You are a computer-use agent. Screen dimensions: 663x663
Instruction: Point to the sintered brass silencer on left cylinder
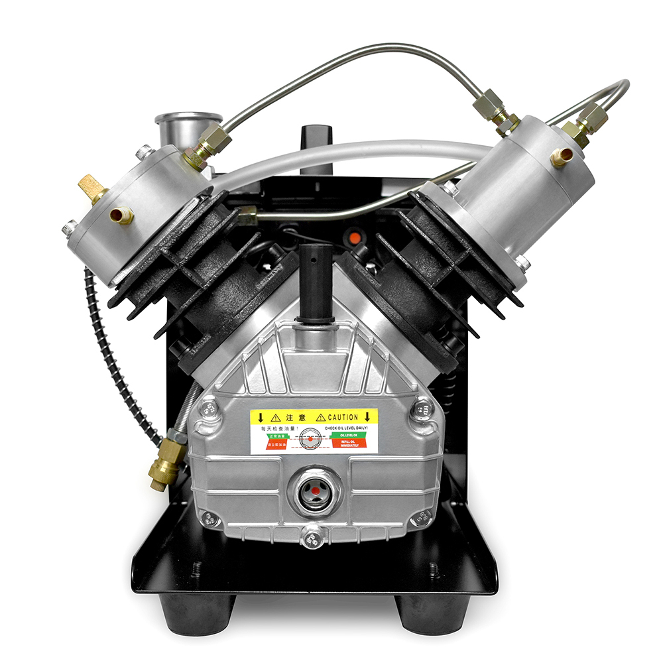pyautogui.click(x=91, y=188)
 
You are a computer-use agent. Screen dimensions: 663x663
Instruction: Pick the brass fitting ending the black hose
pyautogui.click(x=164, y=467)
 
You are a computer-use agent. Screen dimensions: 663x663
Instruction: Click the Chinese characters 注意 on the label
pyautogui.click(x=294, y=417)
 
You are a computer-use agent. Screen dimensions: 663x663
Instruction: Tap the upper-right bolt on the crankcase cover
pyautogui.click(x=421, y=410)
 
